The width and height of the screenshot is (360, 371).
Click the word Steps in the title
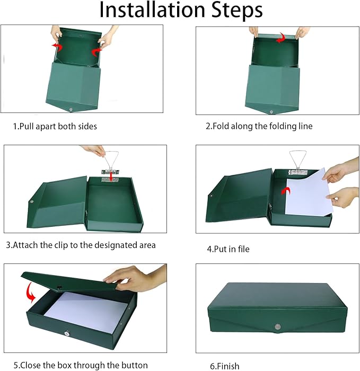(234, 11)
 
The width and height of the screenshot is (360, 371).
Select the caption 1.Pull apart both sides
(55, 126)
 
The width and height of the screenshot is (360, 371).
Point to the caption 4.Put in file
(228, 249)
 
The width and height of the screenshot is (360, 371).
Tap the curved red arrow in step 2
(283, 38)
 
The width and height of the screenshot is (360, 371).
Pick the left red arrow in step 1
(57, 47)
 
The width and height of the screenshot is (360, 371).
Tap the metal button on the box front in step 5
(82, 335)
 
